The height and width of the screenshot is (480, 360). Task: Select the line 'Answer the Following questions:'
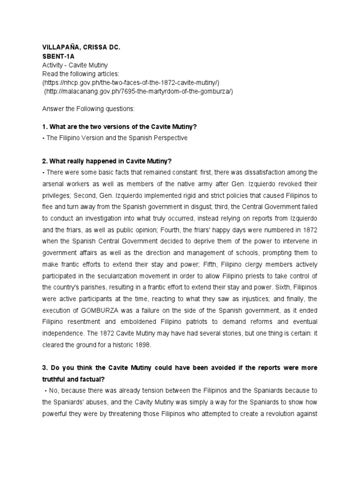click(88, 109)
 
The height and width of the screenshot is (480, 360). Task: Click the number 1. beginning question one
click(45, 127)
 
